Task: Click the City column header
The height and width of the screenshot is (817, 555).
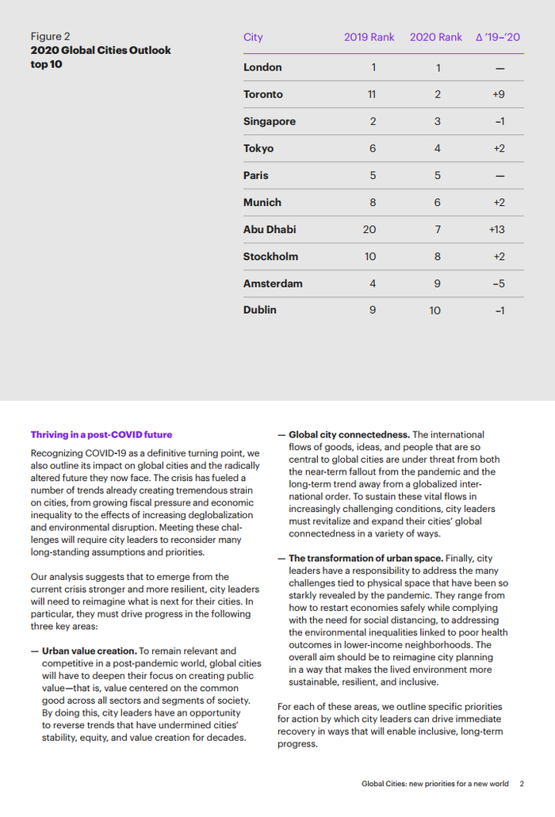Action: point(253,37)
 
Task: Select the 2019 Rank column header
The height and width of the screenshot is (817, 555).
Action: point(369,37)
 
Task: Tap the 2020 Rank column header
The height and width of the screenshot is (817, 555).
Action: point(435,37)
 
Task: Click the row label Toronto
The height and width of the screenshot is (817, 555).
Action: point(262,94)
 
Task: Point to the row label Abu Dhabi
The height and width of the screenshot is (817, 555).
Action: point(270,229)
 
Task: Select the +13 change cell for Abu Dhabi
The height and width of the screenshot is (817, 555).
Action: point(497,230)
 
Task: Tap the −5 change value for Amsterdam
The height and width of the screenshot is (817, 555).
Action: point(499,284)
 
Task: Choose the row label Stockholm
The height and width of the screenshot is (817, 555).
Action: point(270,256)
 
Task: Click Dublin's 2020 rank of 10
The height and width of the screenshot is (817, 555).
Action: point(435,311)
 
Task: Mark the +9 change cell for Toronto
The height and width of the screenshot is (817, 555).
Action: point(499,94)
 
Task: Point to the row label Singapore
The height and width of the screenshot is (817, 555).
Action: point(270,121)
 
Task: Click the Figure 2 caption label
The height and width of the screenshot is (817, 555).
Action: point(50,36)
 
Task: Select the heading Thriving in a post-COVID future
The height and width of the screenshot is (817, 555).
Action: point(101,434)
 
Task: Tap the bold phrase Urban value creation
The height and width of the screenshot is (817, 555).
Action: point(90,651)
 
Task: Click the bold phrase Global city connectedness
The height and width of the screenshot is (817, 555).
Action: point(349,434)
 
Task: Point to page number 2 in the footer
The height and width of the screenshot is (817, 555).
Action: point(522,784)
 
